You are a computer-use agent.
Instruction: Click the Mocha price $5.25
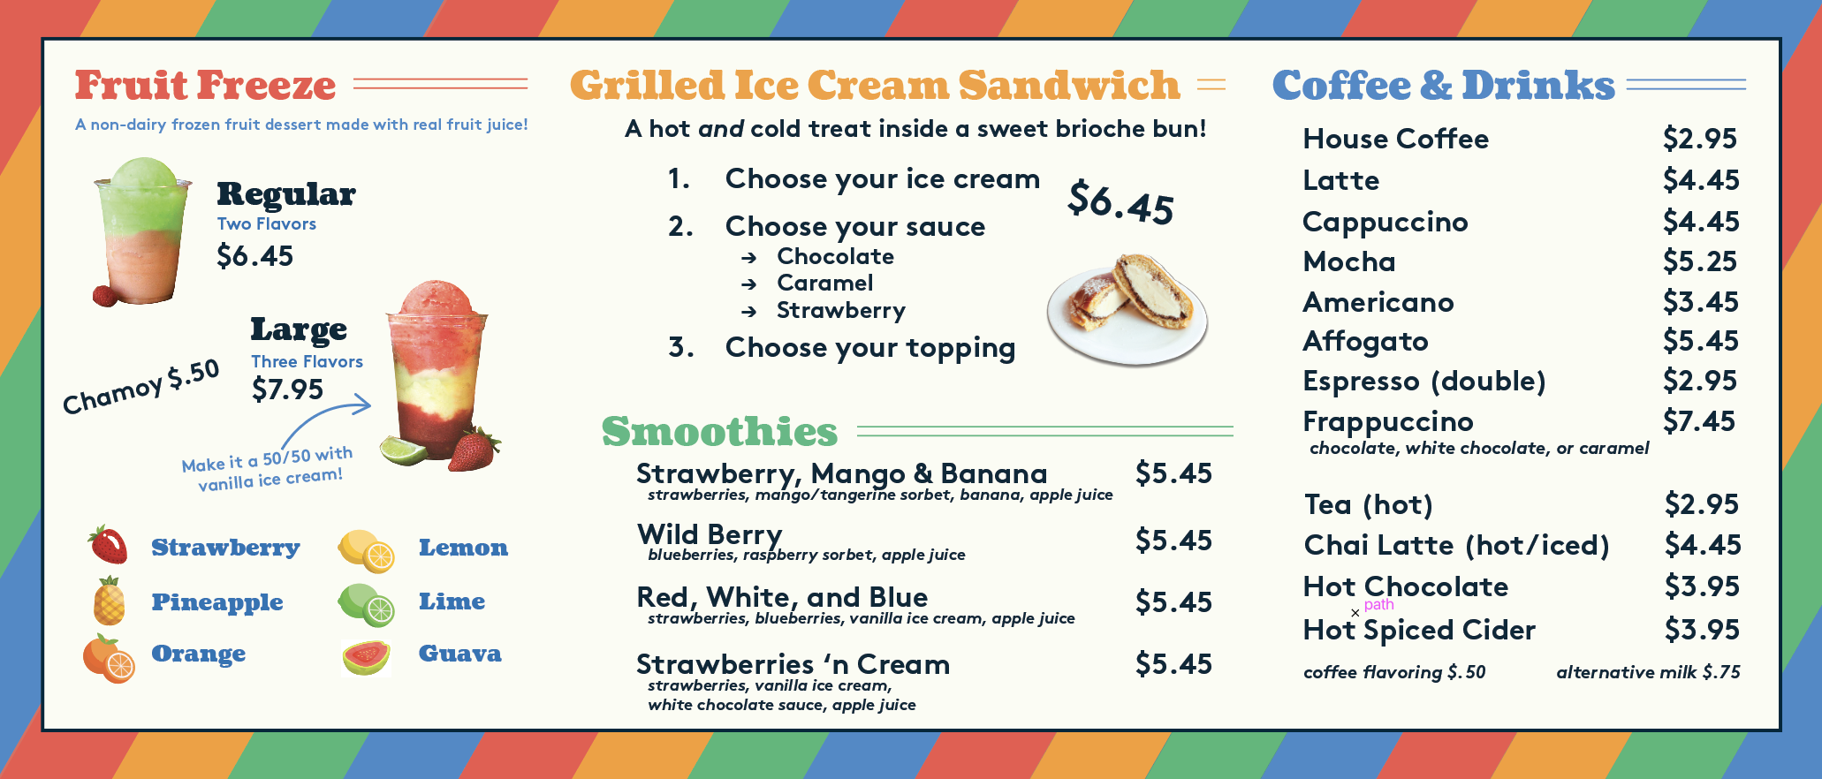1699,261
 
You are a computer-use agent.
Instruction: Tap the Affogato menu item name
1365,342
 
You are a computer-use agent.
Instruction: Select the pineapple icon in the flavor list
110,601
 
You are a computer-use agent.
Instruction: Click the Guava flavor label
459,654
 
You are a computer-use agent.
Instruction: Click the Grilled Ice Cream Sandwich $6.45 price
1120,202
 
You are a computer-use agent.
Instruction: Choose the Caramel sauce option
824,284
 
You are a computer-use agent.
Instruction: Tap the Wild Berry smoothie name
710,534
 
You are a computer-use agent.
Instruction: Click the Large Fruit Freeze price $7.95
287,389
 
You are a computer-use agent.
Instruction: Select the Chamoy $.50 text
141,387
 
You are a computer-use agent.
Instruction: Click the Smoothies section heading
719,432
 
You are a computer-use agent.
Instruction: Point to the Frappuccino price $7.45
1698,421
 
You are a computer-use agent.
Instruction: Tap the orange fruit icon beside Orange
109,659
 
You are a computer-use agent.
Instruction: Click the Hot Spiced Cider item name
1418,630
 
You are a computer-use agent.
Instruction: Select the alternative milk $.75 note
1648,672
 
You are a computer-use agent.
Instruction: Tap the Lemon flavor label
463,548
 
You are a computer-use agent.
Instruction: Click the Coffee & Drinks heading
1443,86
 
